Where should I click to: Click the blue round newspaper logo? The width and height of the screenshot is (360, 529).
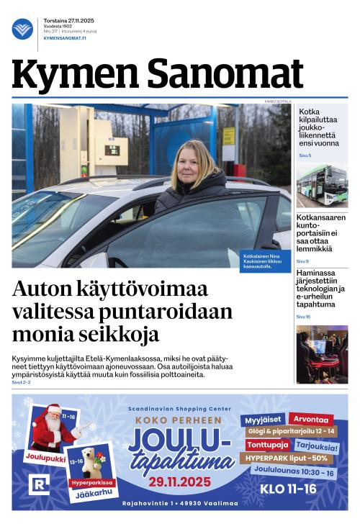click(22, 29)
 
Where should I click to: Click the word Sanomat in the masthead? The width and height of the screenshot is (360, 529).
click(225, 74)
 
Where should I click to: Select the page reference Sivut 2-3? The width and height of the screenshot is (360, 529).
click(22, 382)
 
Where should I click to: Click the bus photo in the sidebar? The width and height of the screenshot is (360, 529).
click(322, 186)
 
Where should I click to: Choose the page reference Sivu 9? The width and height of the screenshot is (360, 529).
click(302, 261)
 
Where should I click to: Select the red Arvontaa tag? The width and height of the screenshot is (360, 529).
click(310, 419)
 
